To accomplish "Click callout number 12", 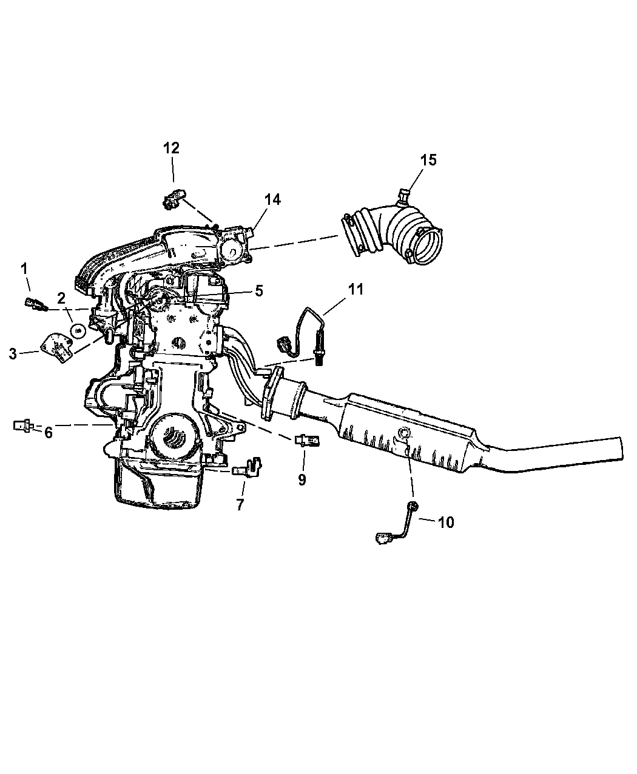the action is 171,148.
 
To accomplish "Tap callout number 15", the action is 428,160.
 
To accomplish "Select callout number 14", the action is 272,199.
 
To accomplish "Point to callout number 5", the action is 259,291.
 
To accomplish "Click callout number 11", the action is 356,289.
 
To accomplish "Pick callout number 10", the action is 447,522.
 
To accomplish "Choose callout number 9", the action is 302,479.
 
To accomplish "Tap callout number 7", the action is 240,505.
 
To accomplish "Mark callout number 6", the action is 49,433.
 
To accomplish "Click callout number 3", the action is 13,354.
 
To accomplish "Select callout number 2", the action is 61,298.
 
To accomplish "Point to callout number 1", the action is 24,269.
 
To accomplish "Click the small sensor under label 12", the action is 175,199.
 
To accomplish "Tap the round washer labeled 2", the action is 78,332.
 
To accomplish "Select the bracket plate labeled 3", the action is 56,347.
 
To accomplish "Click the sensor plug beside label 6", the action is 24,425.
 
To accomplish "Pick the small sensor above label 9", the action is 307,440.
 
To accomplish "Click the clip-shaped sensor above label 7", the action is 248,468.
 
